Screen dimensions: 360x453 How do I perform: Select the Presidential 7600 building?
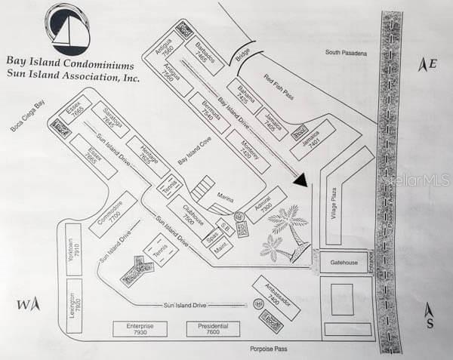click(x=213, y=329)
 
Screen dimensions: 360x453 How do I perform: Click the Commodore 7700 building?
click(x=112, y=215)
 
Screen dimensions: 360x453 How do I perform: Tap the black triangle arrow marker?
click(x=302, y=180)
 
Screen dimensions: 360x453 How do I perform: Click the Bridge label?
click(x=242, y=55)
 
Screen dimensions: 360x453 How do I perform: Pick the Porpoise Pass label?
click(x=276, y=349)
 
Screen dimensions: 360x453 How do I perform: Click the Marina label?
click(x=225, y=195)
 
